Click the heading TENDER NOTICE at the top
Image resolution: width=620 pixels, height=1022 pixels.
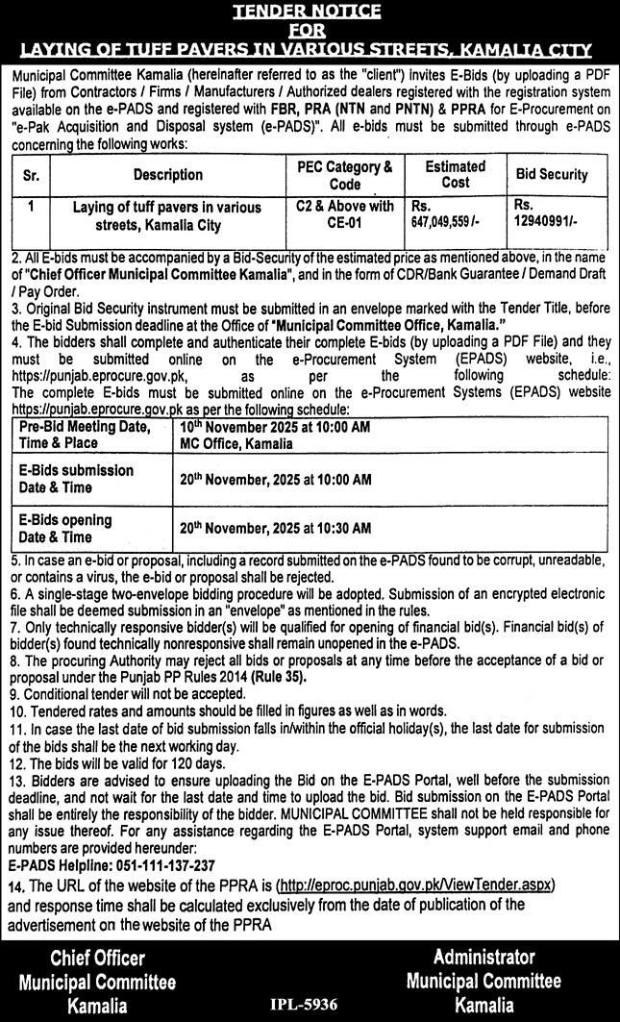pos(310,11)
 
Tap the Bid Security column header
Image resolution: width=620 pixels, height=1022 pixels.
pos(552,174)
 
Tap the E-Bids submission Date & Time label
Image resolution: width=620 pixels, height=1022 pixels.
pos(75,479)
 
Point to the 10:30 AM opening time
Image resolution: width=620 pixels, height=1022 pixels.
pos(341,528)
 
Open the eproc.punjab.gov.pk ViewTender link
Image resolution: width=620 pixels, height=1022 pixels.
pos(414,885)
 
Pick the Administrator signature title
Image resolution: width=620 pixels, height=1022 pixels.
pos(484,957)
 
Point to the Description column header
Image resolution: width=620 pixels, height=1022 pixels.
pos(168,175)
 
